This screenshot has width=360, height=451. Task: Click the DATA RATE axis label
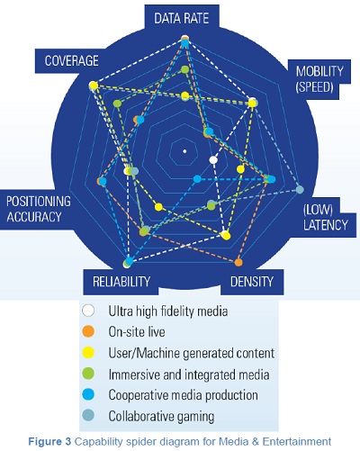coord(184,17)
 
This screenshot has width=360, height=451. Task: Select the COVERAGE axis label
coord(67,60)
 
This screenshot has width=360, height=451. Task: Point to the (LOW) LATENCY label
coord(324,217)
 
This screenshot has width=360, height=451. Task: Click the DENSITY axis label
coord(251,283)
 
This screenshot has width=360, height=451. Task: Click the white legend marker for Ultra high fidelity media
coord(88,311)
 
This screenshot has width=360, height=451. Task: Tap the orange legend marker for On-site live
coord(88,331)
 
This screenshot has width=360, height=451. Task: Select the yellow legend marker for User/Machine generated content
coord(88,353)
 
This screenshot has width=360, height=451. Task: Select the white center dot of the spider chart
coord(184,149)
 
